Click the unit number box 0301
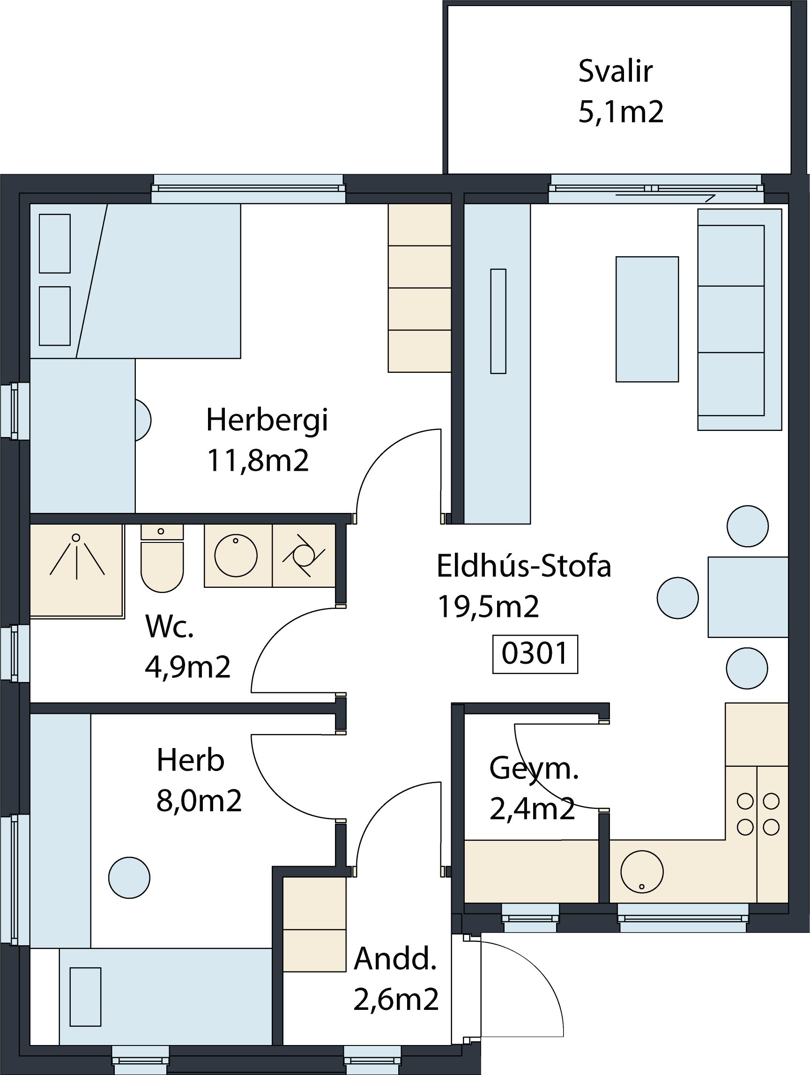tap(535, 654)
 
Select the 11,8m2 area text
tap(258, 461)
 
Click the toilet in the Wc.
tap(162, 558)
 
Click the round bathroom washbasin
tap(236, 556)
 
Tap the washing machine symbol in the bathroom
tap(304, 556)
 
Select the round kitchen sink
tap(642, 872)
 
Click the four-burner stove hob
tap(758, 814)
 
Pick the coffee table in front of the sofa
tap(647, 319)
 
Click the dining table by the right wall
tap(748, 597)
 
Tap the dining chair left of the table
tap(678, 598)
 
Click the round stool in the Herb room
tap(129, 877)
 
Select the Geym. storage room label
tap(534, 768)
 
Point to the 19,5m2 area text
tap(488, 607)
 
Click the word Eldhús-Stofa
tap(524, 566)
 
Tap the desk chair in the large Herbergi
tap(143, 420)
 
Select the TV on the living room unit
tap(498, 321)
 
